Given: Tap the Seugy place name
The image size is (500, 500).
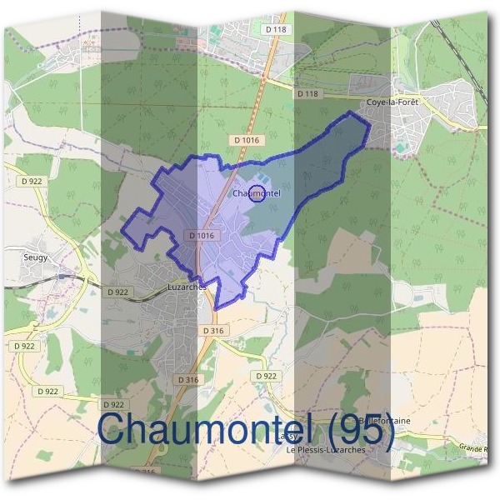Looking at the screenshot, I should coord(36,257).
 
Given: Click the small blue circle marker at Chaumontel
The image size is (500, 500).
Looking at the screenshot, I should coord(257,194).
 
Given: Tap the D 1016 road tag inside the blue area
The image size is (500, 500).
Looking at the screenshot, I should coord(202,236).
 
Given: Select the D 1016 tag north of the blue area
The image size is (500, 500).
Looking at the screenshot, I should coord(249,140).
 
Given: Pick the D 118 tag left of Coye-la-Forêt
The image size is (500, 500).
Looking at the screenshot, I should coord(307,94).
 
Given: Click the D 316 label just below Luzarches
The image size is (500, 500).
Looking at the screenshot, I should coord(214,331).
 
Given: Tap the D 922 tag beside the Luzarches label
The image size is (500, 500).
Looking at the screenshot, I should coord(118,292).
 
